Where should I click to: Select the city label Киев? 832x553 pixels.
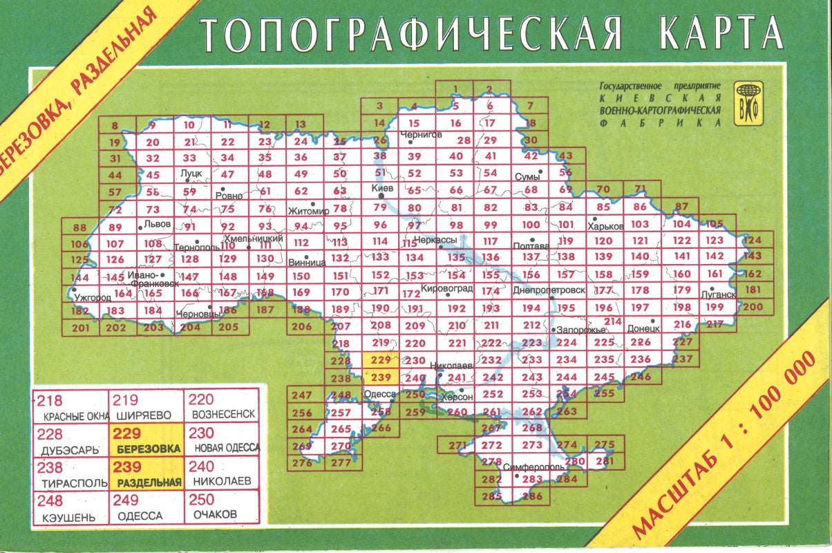point(382,188)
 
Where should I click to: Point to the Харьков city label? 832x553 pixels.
point(605,226)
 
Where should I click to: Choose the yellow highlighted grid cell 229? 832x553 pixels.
point(381,360)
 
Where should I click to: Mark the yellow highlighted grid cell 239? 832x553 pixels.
point(381,377)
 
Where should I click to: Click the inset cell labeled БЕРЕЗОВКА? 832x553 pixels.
point(145,440)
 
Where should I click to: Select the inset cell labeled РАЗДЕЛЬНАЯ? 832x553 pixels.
point(145,475)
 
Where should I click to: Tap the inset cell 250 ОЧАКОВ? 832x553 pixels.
point(220,507)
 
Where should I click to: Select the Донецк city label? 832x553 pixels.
point(643,329)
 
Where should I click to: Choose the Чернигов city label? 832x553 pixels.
point(421,135)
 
